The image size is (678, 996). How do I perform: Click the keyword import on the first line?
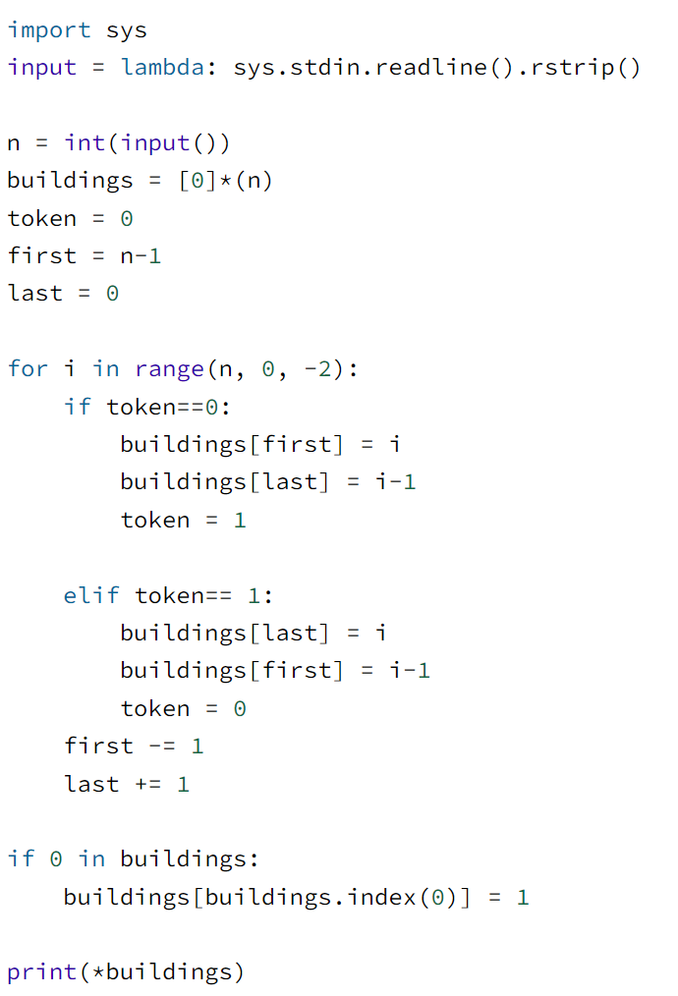[49, 30]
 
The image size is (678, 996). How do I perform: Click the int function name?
[85, 143]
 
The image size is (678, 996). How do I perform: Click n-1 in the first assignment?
[141, 256]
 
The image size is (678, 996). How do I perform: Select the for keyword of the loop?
[28, 369]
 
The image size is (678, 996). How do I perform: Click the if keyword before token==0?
[78, 407]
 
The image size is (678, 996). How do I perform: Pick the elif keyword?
[91, 595]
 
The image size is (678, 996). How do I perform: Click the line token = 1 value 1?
[240, 520]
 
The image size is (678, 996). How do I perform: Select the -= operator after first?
[162, 746]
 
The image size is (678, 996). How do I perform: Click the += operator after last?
[148, 784]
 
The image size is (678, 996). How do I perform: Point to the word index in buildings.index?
[382, 897]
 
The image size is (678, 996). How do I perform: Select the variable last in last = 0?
[35, 294]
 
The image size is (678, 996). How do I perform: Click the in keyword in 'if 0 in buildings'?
[91, 859]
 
